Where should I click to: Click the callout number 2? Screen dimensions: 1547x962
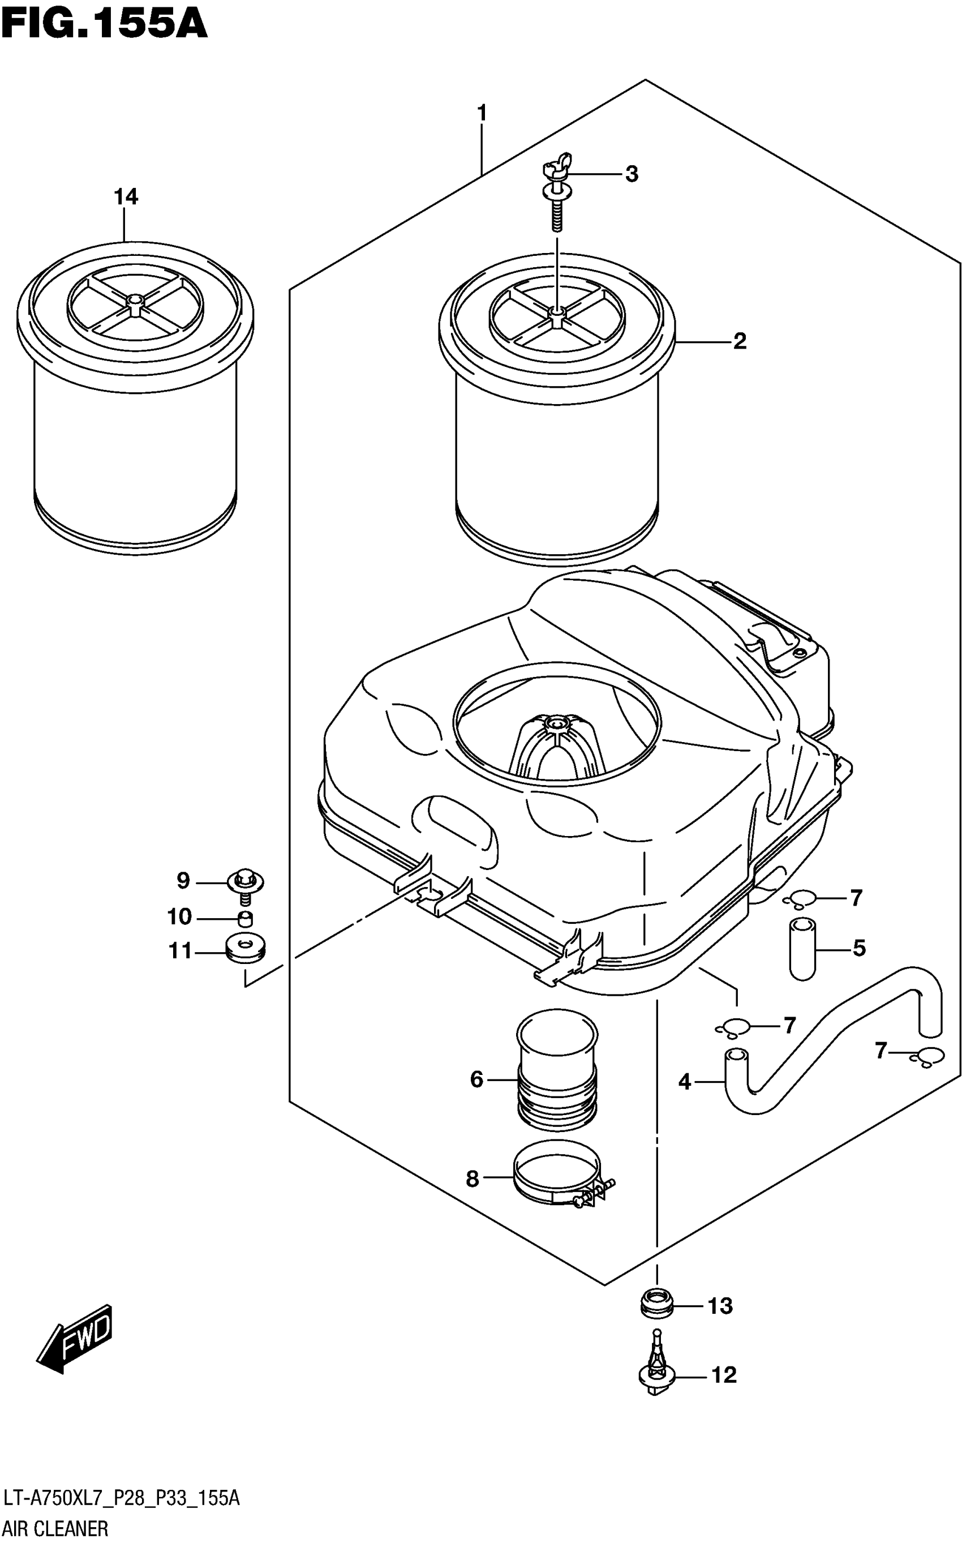tap(738, 342)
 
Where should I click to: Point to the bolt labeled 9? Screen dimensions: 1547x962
tap(246, 886)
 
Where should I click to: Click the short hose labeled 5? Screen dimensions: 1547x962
tap(802, 949)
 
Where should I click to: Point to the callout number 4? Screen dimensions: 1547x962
tap(684, 1082)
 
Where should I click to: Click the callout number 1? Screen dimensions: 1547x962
tap(482, 114)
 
